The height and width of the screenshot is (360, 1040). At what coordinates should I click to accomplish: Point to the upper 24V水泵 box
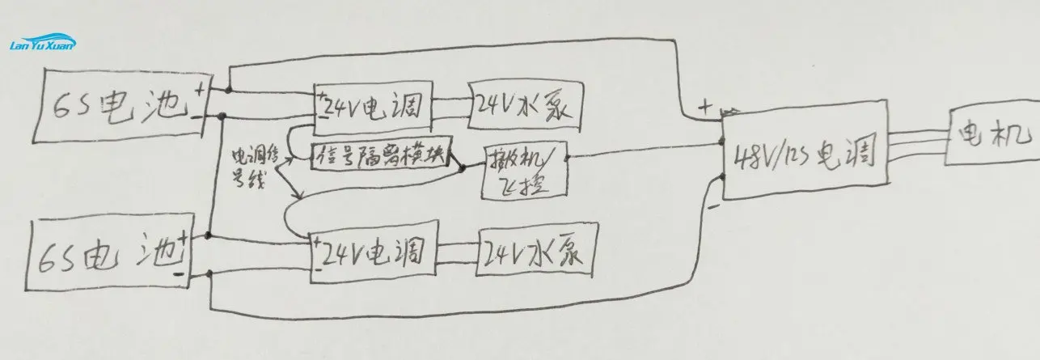[525, 106]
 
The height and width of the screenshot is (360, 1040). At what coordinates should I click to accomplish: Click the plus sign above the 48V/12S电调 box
[705, 105]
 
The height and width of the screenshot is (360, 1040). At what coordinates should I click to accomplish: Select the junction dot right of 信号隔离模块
[463, 169]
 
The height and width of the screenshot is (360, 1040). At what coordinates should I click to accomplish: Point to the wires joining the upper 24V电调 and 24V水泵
[450, 105]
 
